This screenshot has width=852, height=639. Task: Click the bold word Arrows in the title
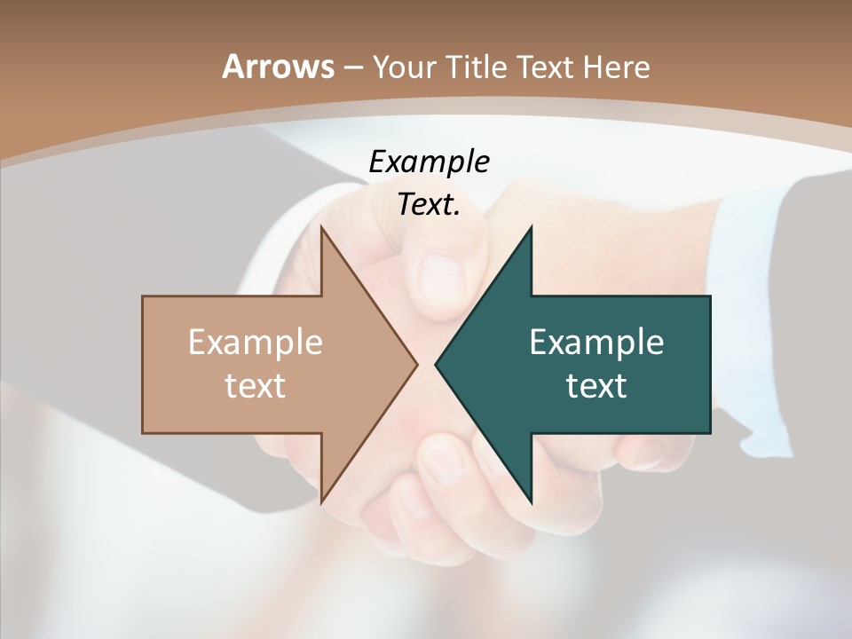(x=277, y=67)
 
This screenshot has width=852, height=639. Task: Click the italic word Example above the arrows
(x=429, y=162)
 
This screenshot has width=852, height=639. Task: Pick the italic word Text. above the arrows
(x=429, y=205)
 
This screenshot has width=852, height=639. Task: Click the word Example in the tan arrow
(x=255, y=343)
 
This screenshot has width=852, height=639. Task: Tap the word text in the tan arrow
(x=255, y=385)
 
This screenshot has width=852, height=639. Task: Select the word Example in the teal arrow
(x=596, y=343)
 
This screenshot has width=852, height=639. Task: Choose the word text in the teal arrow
(x=596, y=385)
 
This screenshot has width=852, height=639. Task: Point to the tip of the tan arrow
(x=417, y=363)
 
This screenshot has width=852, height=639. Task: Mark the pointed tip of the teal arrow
(x=436, y=363)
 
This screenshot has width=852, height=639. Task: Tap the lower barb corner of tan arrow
(x=321, y=502)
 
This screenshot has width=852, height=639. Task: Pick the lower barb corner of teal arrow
(x=532, y=502)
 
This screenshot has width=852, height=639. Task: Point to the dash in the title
(x=352, y=67)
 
